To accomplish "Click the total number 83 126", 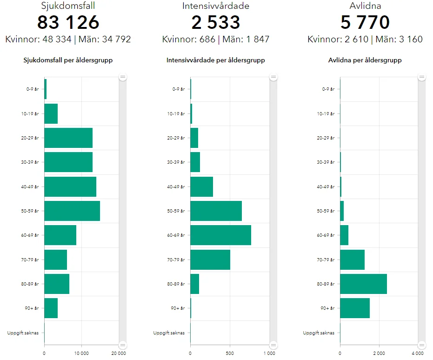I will tap(68, 23).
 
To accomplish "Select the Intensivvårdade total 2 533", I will tap(216, 23).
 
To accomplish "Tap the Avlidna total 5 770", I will tap(365, 23).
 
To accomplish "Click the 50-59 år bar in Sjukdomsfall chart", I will tap(72, 211).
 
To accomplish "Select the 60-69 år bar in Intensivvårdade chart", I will tap(220, 235).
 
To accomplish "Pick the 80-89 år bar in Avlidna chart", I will tap(363, 284).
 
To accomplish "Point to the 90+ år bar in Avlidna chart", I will tap(355, 308).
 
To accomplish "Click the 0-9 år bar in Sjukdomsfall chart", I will tap(46, 89).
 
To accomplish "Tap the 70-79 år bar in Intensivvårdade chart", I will tap(210, 260).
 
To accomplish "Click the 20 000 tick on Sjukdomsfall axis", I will tap(119, 353).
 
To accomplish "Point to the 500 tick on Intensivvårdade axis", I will tap(230, 353).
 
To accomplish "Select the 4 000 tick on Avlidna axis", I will tap(418, 353).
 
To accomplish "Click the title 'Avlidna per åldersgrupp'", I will tap(365, 60).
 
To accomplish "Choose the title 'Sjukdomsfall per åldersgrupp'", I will tap(68, 60).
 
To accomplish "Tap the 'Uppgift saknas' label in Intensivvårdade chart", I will tap(169, 333).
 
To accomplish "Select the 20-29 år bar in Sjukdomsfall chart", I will tap(68, 138).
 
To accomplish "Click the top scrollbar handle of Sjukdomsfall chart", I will tap(123, 77).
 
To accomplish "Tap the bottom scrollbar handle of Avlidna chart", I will tap(422, 345).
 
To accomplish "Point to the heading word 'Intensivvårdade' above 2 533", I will tap(216, 6).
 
